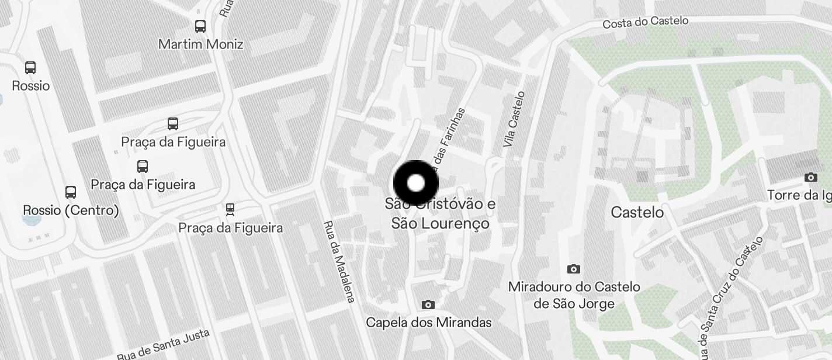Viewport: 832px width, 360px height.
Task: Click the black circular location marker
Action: tap(415, 183)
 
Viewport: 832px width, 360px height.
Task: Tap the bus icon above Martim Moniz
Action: tap(200, 26)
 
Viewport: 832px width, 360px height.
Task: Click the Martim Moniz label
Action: tap(200, 44)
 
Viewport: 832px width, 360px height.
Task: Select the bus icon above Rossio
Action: tap(30, 68)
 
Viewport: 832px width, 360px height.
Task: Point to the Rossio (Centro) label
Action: tap(71, 210)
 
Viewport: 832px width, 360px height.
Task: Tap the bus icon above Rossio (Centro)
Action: tap(71, 192)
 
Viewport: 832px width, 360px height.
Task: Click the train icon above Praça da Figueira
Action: tap(230, 209)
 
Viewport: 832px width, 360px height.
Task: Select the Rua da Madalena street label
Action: tap(339, 261)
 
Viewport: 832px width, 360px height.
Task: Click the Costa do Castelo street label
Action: tap(645, 22)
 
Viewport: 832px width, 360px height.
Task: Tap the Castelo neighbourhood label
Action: tap(637, 212)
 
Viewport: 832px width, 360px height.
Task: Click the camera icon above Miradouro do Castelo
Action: tap(574, 269)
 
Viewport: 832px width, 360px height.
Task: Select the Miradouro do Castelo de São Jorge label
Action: tap(574, 295)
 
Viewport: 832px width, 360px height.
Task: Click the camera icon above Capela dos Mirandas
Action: tap(428, 304)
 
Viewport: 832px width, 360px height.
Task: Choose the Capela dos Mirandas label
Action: tap(428, 323)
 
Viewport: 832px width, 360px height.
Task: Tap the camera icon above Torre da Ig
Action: tap(811, 177)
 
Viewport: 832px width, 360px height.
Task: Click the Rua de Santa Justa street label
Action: tap(163, 345)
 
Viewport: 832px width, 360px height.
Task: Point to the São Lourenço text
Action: tap(440, 224)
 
